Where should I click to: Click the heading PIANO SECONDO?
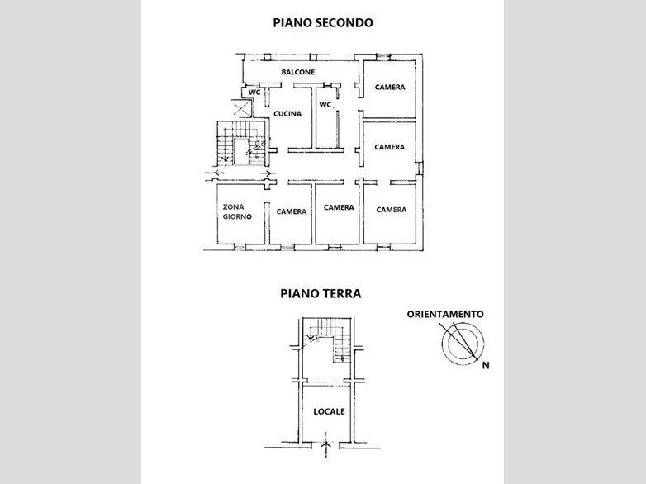pos(322,22)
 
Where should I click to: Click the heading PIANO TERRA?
pos(320,292)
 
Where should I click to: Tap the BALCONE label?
pos(297,72)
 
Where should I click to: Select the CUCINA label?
pos(287,113)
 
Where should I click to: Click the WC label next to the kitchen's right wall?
pos(325,105)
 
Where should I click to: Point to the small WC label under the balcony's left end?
pos(255,92)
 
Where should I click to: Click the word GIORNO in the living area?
pos(237,216)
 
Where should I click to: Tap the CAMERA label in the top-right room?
pos(389,88)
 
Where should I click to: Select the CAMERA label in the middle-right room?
pos(389,147)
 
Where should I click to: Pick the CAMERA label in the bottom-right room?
pos(391,210)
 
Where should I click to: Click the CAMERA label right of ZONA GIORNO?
pos(291,211)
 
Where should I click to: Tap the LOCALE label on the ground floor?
pos(329,410)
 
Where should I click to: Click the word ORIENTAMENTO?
pos(445,314)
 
